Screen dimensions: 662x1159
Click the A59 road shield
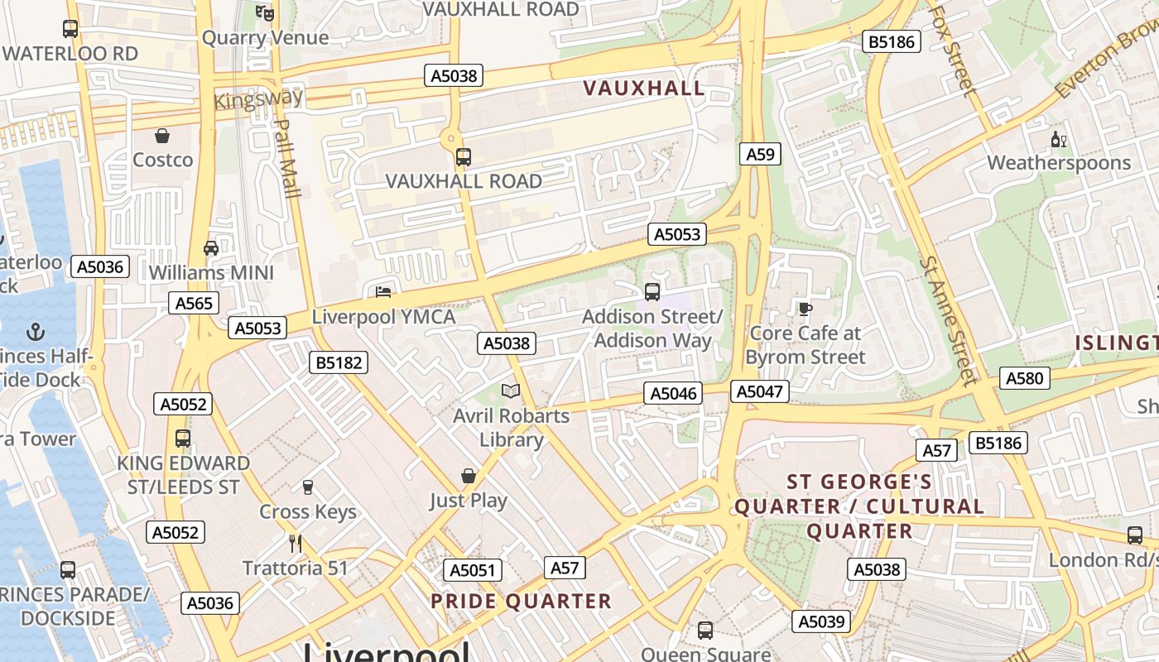(760, 154)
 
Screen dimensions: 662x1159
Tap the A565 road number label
(195, 303)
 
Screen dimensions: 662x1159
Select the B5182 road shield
(338, 362)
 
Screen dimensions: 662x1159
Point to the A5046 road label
(674, 393)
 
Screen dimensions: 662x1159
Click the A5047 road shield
(759, 391)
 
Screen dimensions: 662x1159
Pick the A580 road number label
(1025, 378)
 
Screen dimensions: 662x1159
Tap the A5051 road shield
(472, 569)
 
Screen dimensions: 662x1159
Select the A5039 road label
(820, 621)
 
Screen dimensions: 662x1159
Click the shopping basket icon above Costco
(162, 136)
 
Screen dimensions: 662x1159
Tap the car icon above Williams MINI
(211, 248)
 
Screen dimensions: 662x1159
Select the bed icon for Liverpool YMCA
(383, 292)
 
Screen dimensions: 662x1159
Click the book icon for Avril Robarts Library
(511, 391)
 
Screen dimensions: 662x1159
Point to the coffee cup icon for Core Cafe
(805, 309)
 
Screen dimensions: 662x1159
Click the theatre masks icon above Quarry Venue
(265, 13)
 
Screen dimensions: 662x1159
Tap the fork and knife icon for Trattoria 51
(296, 544)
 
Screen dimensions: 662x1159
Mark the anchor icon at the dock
(35, 333)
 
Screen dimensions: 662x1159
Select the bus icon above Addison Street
(652, 291)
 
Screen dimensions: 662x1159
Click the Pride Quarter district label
(521, 602)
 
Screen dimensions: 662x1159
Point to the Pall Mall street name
(286, 158)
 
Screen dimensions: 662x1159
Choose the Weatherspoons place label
(1058, 162)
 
